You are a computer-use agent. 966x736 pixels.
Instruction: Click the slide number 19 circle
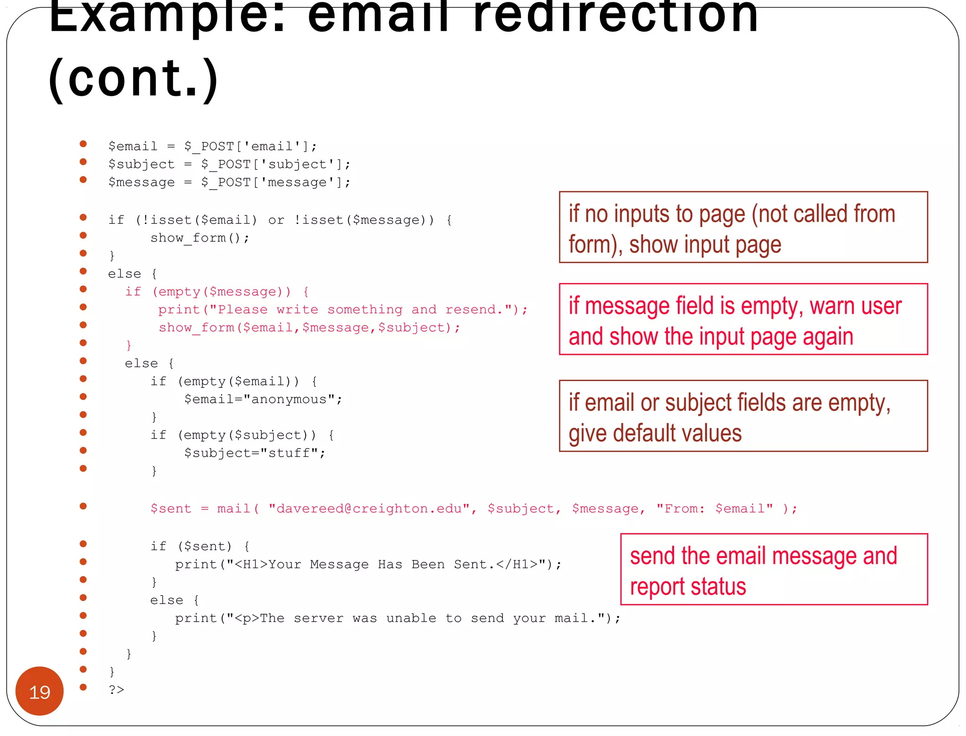click(x=40, y=691)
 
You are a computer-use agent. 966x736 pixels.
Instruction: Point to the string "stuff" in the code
click(x=289, y=453)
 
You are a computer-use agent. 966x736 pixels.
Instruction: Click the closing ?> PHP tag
click(x=117, y=689)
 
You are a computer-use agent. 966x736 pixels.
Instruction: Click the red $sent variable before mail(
click(x=171, y=509)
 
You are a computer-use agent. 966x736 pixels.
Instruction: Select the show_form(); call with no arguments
click(x=200, y=238)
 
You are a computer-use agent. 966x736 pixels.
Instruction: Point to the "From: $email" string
click(x=715, y=509)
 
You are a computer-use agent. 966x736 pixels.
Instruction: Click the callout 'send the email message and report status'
click(x=774, y=569)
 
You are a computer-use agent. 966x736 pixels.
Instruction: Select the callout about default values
click(x=743, y=416)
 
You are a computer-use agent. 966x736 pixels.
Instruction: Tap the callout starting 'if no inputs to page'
click(x=743, y=227)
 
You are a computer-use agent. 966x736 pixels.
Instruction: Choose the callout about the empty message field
click(x=743, y=319)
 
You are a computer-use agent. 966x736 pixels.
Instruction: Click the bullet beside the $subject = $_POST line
click(x=83, y=162)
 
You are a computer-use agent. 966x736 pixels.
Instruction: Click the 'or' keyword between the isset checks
click(x=276, y=220)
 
